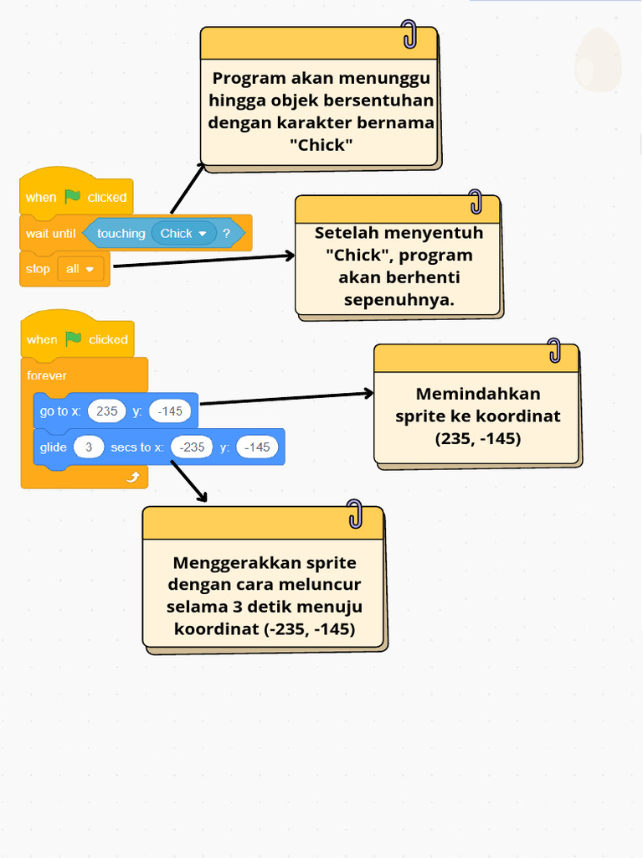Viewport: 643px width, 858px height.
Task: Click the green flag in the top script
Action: pos(73,196)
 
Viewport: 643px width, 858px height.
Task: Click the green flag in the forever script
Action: pos(74,339)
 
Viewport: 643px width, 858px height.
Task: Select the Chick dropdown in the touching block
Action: pos(183,233)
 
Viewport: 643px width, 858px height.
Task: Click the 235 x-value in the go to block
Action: pos(106,411)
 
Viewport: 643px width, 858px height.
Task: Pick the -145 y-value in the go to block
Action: pos(169,411)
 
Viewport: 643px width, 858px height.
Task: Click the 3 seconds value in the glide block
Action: pos(89,447)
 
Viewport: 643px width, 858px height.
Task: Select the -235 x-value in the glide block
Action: pos(192,447)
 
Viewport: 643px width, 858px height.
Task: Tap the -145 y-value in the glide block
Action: pos(257,447)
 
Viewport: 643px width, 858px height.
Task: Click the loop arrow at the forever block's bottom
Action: pos(133,477)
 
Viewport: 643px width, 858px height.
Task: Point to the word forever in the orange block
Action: pos(47,375)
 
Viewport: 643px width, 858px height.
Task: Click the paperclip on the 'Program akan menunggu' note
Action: pos(409,34)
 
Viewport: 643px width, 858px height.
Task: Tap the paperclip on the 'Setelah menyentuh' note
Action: pos(476,201)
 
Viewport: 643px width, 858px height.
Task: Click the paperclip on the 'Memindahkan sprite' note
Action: pos(554,350)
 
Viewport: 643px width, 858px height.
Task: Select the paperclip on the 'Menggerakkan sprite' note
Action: pos(355,514)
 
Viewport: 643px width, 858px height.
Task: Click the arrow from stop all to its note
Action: pos(204,261)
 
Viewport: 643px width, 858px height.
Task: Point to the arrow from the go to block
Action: pos(287,398)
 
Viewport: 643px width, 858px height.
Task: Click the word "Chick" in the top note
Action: pos(321,145)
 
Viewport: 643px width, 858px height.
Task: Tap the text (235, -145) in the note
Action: pos(478,438)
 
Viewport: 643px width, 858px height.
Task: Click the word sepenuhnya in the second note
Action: pos(399,300)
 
